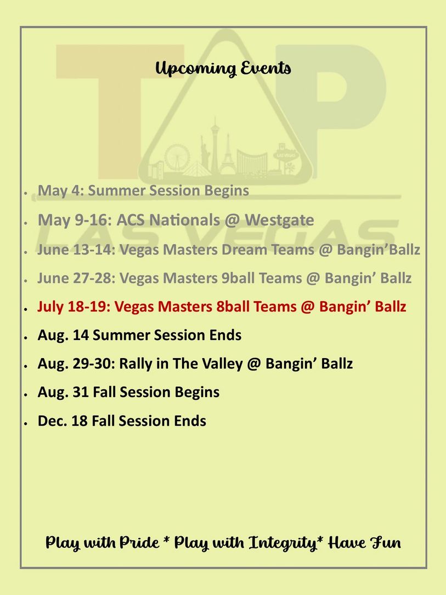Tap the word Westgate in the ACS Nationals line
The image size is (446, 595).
click(279, 220)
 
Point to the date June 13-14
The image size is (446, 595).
click(76, 250)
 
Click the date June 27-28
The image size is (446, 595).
click(76, 278)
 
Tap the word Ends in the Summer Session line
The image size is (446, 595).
click(225, 335)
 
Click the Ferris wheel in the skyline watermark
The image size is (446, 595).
click(177, 157)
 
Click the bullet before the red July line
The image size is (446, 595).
click(25, 309)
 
